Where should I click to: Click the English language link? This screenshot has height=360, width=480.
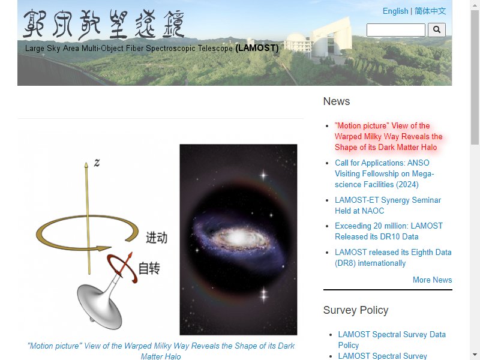click(x=395, y=11)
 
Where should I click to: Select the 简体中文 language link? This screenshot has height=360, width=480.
click(x=430, y=11)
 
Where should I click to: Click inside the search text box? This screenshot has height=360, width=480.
click(x=395, y=29)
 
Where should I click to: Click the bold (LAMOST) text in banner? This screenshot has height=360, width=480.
click(x=257, y=48)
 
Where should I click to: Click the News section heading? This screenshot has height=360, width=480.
click(x=337, y=101)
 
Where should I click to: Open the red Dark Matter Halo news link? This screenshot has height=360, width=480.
click(x=388, y=137)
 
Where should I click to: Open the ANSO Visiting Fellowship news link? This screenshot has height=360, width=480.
click(x=384, y=173)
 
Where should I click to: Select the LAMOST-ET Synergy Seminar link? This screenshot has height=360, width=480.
click(x=388, y=205)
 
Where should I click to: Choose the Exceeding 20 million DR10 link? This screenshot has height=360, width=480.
click(x=388, y=231)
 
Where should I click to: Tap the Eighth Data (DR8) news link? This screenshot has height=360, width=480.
click(x=393, y=258)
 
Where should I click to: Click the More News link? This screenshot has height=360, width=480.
click(x=432, y=280)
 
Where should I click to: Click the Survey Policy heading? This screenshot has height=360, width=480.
click(x=356, y=310)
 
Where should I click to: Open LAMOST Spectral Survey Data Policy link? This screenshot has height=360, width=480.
click(x=392, y=340)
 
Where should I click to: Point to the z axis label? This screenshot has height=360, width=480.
click(x=97, y=162)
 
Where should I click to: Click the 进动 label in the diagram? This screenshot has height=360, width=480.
click(x=157, y=238)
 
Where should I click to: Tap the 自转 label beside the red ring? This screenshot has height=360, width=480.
click(x=149, y=268)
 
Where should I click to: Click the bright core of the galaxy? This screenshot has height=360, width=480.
click(x=236, y=236)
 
